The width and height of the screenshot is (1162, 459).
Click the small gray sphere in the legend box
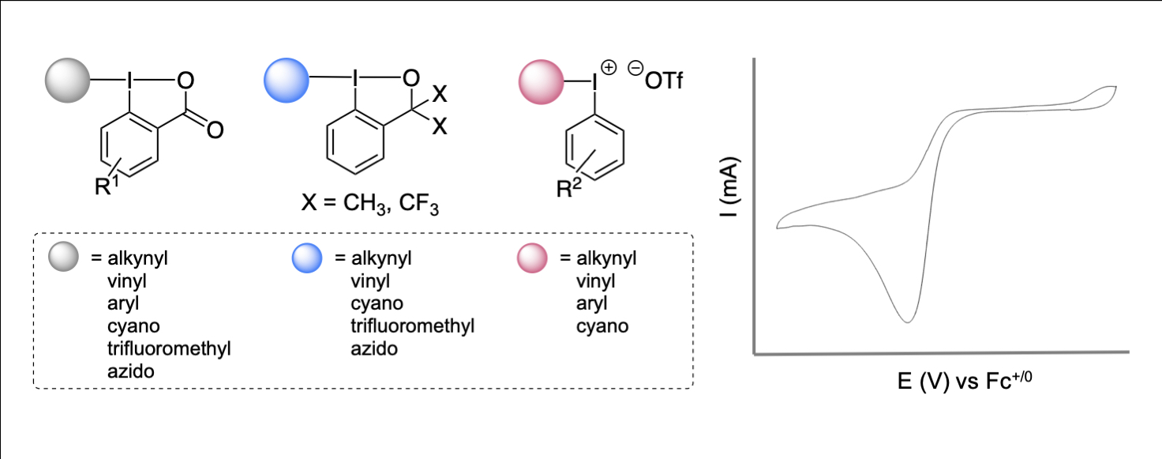pyautogui.click(x=62, y=258)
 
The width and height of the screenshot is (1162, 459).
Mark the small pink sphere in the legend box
pyautogui.click(x=533, y=258)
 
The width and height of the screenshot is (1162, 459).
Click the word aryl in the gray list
pyautogui.click(x=122, y=303)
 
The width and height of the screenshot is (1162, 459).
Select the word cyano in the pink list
pyautogui.click(x=602, y=325)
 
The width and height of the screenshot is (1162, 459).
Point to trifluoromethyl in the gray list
pyautogui.click(x=169, y=348)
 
